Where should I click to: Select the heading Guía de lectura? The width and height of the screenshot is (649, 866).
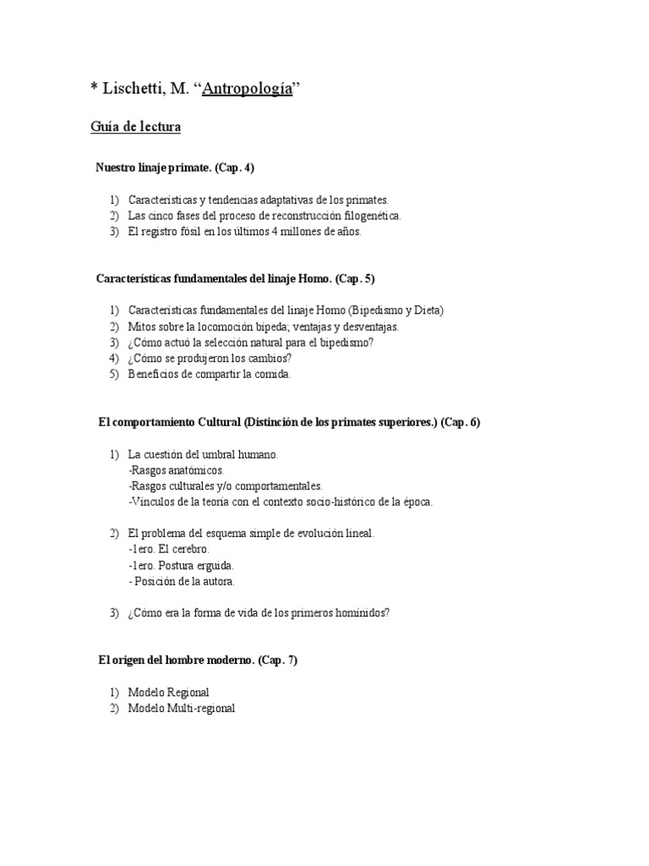(135, 128)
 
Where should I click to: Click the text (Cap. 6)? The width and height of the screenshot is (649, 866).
(461, 422)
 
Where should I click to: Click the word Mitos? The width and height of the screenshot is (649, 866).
(142, 326)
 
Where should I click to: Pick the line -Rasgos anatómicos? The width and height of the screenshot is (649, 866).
(176, 470)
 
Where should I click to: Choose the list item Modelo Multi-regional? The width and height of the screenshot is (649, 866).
(181, 709)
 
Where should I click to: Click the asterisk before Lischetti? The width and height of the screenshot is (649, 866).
(95, 89)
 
